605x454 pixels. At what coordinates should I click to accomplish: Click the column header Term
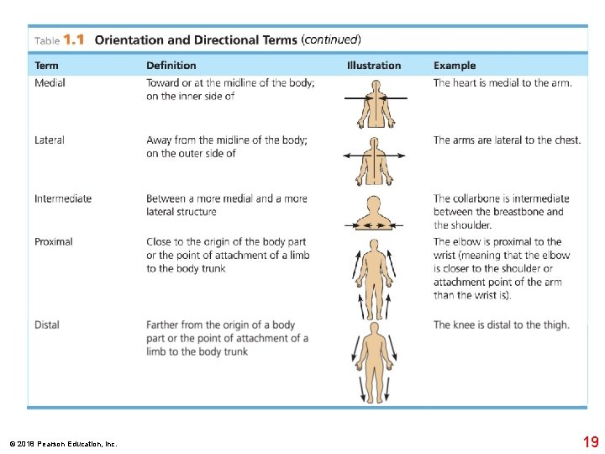[x=46, y=66]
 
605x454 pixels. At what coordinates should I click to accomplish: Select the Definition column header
[x=171, y=66]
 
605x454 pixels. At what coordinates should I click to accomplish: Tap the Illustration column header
[x=374, y=66]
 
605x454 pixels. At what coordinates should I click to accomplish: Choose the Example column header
[x=455, y=66]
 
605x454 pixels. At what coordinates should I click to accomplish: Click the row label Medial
[x=50, y=83]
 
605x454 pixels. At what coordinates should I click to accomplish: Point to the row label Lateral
[x=50, y=140]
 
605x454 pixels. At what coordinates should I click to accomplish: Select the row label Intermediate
[x=63, y=199]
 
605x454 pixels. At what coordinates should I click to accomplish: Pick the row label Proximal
[x=54, y=242]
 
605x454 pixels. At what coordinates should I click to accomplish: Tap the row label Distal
[x=47, y=325]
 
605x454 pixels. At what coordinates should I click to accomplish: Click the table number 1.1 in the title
[x=74, y=40]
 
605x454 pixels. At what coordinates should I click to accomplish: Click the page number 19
[x=591, y=442]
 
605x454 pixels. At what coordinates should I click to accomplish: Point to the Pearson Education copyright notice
[x=63, y=444]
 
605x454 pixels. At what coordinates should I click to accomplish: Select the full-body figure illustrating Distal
[x=374, y=362]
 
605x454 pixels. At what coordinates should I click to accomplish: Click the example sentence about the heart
[x=502, y=83]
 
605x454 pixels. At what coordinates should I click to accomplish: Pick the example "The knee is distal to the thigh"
[x=501, y=325]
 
